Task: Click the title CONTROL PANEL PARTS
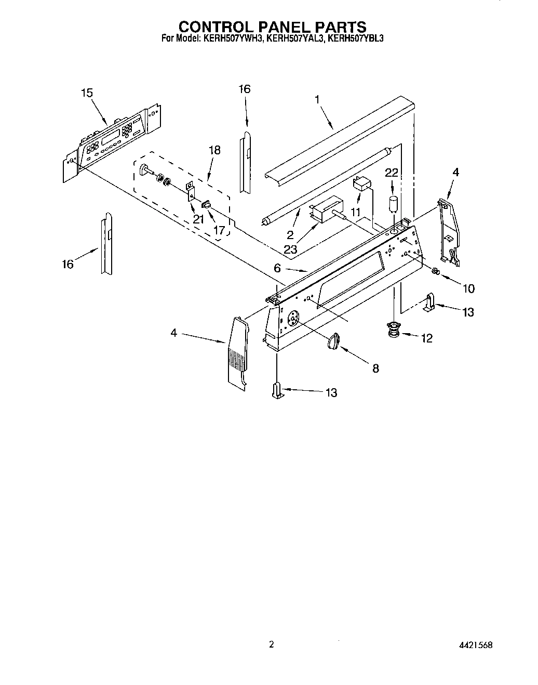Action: [272, 27]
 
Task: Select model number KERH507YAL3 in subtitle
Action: [294, 38]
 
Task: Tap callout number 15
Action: [87, 93]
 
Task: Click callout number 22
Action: [392, 173]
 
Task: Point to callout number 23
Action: [290, 249]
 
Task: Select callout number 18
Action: [214, 150]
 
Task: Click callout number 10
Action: [468, 288]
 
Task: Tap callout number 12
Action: [426, 338]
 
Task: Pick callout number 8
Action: [375, 368]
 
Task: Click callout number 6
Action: [277, 268]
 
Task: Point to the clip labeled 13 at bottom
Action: [278, 390]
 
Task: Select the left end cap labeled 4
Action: [237, 353]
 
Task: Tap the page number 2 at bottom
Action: [271, 644]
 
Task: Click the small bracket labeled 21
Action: [191, 190]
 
